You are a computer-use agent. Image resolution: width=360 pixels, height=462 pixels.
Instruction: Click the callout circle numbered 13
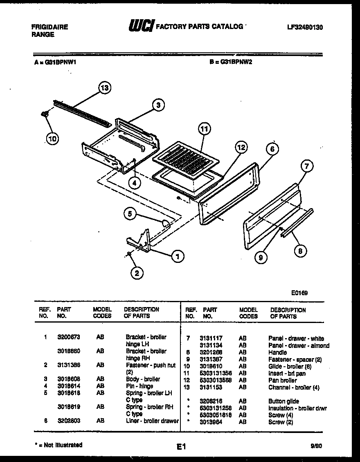(105, 88)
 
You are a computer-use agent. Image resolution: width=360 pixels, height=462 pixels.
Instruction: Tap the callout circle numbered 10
(52, 139)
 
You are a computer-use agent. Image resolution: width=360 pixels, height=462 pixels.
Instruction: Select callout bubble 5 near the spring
(130, 213)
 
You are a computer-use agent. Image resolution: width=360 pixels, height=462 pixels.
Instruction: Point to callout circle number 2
(137, 273)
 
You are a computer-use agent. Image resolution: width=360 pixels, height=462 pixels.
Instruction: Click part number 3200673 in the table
(68, 337)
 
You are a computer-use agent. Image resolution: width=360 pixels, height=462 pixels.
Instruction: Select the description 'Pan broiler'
(282, 380)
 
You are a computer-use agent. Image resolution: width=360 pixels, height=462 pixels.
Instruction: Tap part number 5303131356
(216, 373)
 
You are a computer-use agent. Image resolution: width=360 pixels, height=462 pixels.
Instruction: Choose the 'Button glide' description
(283, 401)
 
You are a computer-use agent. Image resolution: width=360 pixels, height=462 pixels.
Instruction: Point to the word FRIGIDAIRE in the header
(49, 27)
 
